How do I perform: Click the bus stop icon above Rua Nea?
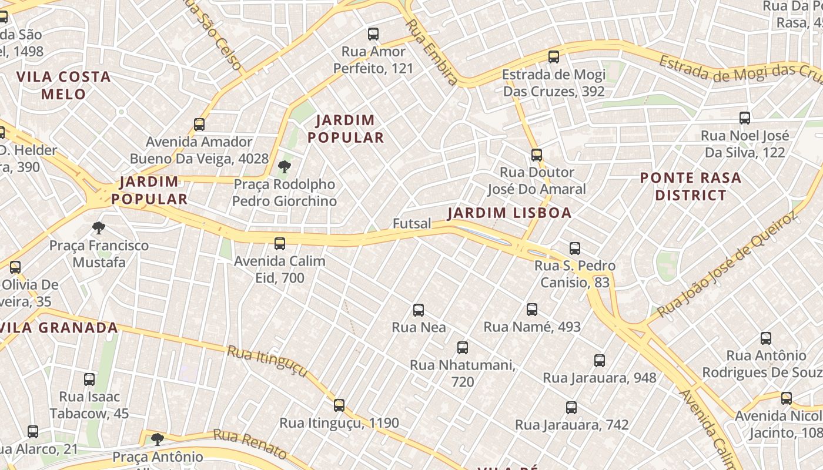point(419,310)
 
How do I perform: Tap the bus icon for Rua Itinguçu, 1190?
point(339,405)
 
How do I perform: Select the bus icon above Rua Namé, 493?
point(532,309)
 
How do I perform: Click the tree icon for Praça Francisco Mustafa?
point(99,227)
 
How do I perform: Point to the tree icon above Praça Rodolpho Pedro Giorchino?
point(285,167)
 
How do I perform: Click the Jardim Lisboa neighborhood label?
point(509,213)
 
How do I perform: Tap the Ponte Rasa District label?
point(690,186)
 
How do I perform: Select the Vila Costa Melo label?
point(63,85)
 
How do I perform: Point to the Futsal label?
point(412,223)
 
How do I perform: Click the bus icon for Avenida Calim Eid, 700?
point(280,243)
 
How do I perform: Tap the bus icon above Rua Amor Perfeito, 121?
point(373,34)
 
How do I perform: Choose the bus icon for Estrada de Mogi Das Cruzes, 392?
point(554,57)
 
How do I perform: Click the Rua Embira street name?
point(431,52)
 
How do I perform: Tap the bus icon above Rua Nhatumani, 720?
point(463,348)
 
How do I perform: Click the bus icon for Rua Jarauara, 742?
point(571,407)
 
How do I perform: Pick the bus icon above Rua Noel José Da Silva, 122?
point(745,118)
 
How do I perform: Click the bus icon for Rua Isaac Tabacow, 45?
point(89,380)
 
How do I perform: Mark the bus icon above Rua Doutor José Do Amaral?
point(537,155)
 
